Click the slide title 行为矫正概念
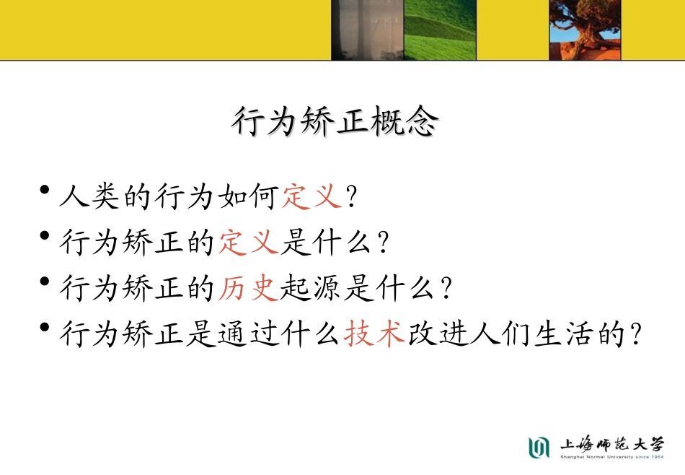(335, 123)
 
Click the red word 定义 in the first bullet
(311, 196)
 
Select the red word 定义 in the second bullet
(249, 243)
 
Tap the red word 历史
(249, 289)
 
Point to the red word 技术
(374, 335)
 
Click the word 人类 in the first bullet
(91, 196)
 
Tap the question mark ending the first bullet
(352, 196)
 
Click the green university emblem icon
(539, 447)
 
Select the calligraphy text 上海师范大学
(611, 443)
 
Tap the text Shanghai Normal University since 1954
(611, 457)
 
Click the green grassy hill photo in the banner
(440, 30)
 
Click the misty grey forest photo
(366, 30)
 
